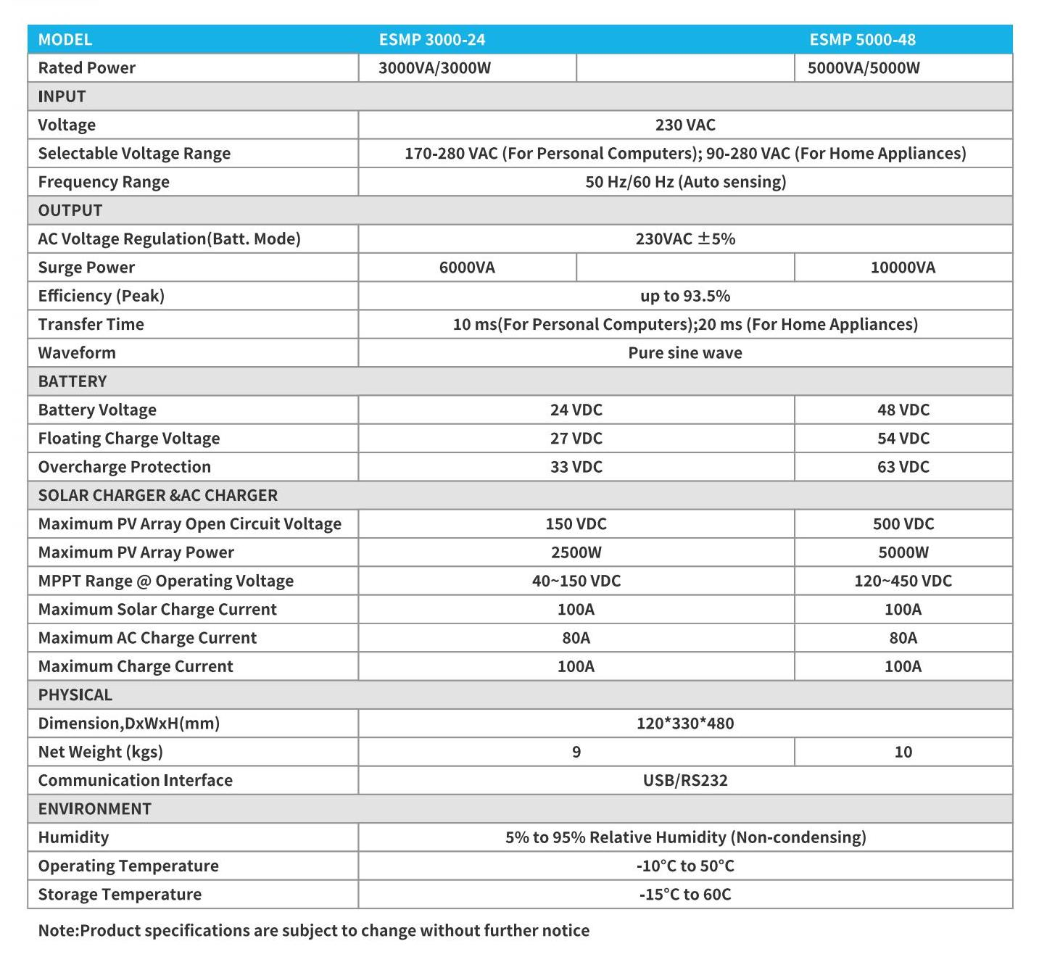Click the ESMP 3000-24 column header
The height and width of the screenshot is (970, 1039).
(x=432, y=40)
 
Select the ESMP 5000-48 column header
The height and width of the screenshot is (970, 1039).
(x=862, y=40)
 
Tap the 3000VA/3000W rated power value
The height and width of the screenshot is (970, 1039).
(x=434, y=68)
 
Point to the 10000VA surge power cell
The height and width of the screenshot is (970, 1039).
(x=903, y=268)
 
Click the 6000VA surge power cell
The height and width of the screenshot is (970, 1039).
(x=467, y=268)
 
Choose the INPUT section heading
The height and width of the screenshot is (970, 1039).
(x=62, y=96)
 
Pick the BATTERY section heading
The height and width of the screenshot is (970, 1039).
(x=72, y=381)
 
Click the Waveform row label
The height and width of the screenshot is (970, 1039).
(x=77, y=353)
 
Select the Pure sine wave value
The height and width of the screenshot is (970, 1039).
(x=685, y=353)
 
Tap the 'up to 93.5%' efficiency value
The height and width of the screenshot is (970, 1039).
(x=685, y=296)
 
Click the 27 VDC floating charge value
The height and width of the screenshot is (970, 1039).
(x=576, y=439)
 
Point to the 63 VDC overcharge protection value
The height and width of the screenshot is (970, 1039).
(x=903, y=467)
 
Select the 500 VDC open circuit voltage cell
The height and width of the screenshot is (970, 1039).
(x=903, y=524)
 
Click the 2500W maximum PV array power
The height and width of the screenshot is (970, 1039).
(x=576, y=552)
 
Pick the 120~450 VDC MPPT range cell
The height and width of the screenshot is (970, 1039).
(x=903, y=581)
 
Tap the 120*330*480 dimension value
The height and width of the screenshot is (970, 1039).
(x=685, y=724)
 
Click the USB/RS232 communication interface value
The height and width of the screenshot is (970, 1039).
(x=685, y=781)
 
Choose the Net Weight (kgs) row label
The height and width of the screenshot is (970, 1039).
(x=100, y=752)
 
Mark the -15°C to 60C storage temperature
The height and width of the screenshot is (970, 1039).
(x=685, y=895)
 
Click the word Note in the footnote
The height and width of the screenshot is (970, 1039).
(x=57, y=931)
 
